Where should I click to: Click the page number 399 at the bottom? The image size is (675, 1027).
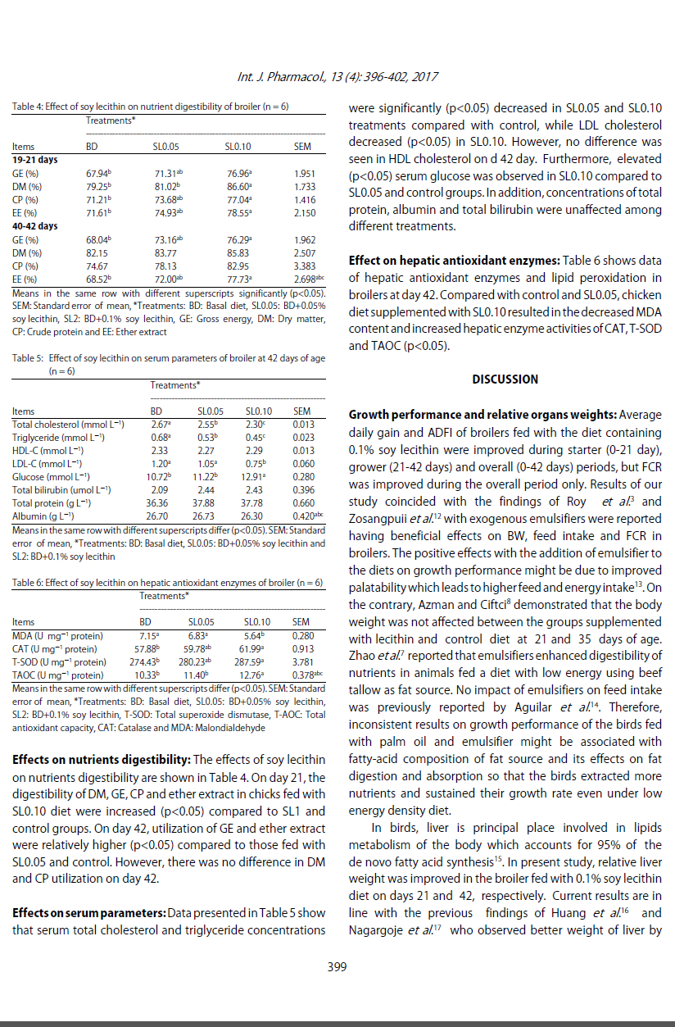337,967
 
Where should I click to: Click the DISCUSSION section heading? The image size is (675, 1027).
505,379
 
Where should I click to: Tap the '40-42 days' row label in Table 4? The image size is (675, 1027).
34,225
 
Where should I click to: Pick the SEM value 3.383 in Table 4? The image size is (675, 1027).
304,266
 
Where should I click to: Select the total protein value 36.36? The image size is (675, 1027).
157,502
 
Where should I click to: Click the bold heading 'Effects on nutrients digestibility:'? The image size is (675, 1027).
101,760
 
